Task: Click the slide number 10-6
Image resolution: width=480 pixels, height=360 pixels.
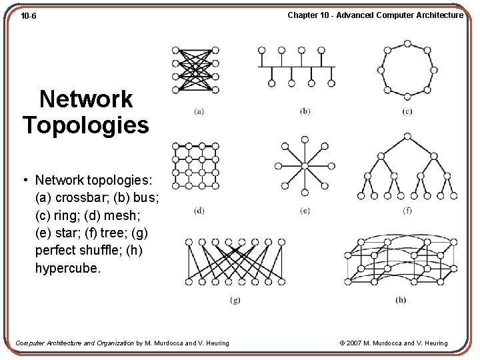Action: (28, 15)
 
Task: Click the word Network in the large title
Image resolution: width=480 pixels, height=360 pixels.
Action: (86, 99)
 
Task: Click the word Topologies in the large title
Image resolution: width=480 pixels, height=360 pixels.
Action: (86, 125)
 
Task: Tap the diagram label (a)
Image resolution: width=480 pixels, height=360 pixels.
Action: (199, 111)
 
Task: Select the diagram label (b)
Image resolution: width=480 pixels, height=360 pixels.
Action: (305, 111)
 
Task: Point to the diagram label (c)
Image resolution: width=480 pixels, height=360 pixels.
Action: (407, 111)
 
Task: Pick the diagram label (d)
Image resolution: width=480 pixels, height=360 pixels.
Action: (199, 211)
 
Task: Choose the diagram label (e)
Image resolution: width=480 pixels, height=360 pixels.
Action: (305, 211)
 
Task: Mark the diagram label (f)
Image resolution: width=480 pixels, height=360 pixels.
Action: (407, 211)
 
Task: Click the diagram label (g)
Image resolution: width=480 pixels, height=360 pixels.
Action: (235, 300)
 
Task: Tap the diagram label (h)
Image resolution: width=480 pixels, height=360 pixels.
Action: (400, 300)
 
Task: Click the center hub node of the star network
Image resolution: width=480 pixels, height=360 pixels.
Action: (305, 166)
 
